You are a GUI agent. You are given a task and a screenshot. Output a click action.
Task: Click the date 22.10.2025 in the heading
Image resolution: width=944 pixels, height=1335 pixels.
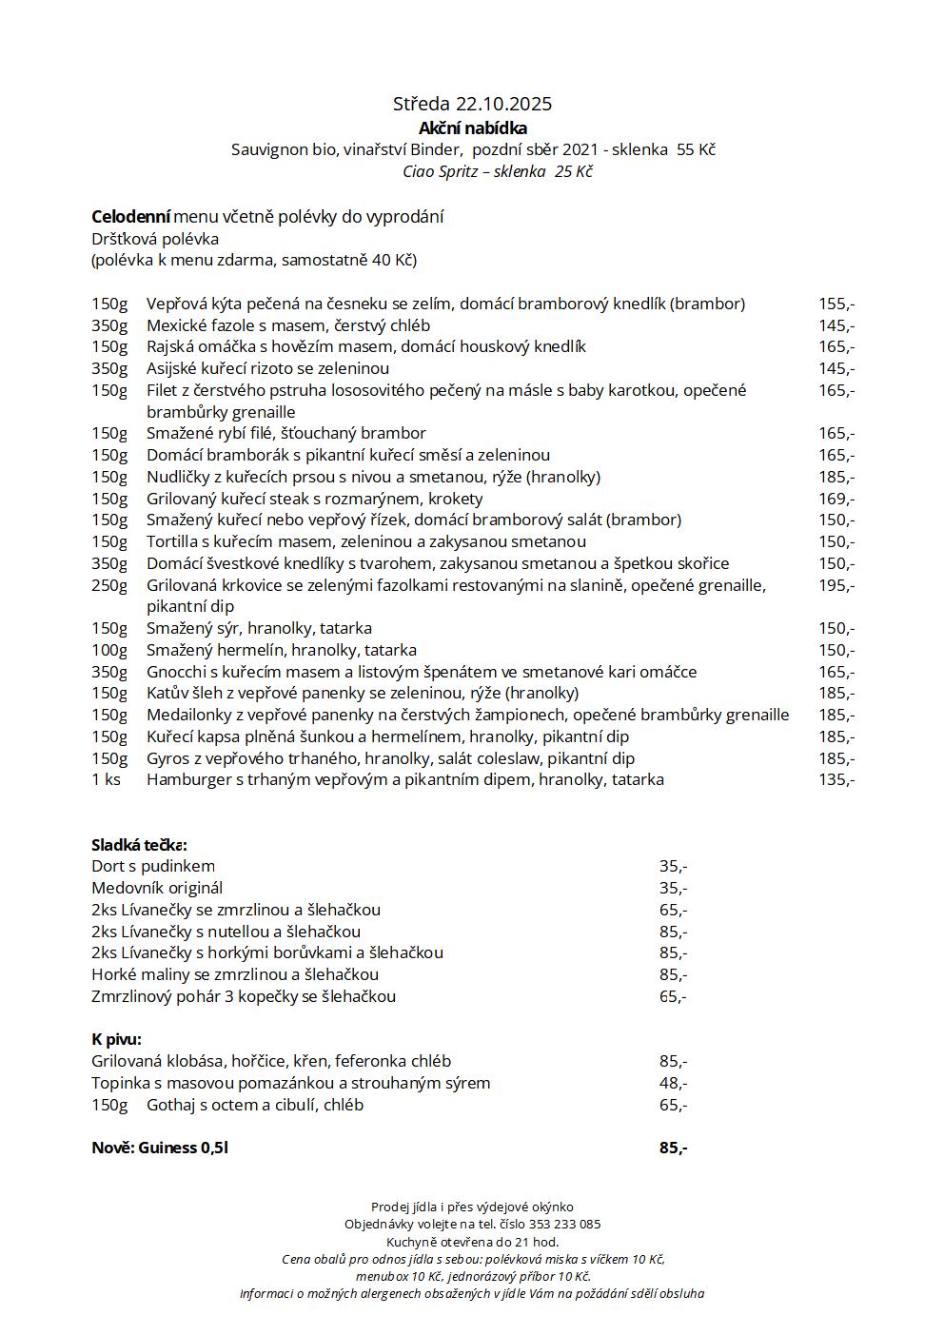coord(503,104)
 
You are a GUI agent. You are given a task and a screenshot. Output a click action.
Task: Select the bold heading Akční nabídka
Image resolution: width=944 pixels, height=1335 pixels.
coord(473,128)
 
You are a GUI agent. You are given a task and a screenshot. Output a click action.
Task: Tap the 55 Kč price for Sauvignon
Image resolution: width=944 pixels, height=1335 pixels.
coord(696,149)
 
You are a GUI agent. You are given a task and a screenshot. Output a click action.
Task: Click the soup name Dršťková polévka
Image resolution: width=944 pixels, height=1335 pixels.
coord(155,238)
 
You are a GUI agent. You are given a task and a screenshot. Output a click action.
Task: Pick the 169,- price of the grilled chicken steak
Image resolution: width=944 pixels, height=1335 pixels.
coord(836,499)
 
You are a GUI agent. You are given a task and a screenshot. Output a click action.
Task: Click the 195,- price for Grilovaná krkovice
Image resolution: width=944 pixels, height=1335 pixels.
coord(836,585)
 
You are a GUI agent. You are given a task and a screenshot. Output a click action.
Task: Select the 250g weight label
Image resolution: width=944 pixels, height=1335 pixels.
coord(109,585)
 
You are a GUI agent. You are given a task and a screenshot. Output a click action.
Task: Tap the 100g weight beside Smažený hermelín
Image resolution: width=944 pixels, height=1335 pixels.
coord(109,650)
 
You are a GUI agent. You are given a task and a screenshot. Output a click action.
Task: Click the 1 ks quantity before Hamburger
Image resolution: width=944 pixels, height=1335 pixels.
coord(106,779)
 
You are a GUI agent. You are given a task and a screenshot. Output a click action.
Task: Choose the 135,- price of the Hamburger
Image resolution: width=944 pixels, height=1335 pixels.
coord(836,779)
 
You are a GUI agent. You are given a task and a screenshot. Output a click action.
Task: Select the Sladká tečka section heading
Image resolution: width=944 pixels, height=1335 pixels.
coord(139,845)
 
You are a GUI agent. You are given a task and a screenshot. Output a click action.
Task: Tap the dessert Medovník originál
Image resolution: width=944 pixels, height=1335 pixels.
coord(157,888)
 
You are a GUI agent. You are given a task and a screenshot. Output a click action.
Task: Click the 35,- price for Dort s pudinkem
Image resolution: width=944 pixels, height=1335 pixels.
coord(673,866)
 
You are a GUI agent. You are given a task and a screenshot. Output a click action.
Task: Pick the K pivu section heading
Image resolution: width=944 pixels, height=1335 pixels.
coord(116,1039)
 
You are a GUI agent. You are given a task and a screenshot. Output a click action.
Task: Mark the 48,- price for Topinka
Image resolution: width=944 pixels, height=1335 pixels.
coord(673,1083)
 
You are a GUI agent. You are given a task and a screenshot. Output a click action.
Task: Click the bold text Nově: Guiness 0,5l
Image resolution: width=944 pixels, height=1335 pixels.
coord(160,1148)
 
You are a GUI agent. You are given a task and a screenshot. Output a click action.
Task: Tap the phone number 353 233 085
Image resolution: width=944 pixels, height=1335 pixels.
coord(565,1225)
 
